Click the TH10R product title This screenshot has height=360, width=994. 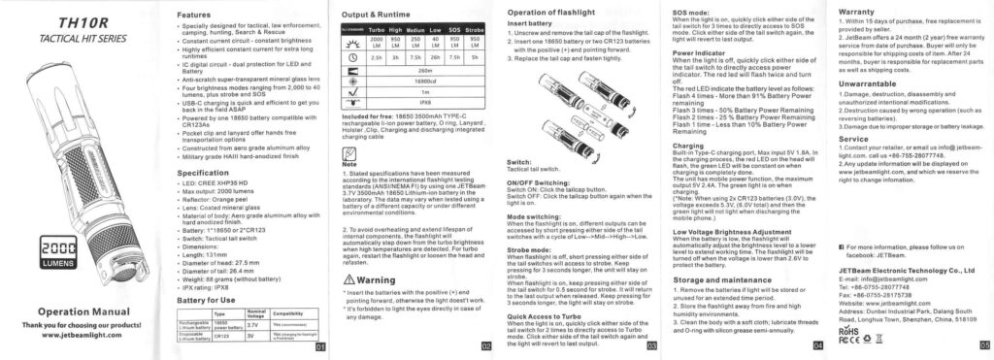[56, 22]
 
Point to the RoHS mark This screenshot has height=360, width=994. [848, 331]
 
